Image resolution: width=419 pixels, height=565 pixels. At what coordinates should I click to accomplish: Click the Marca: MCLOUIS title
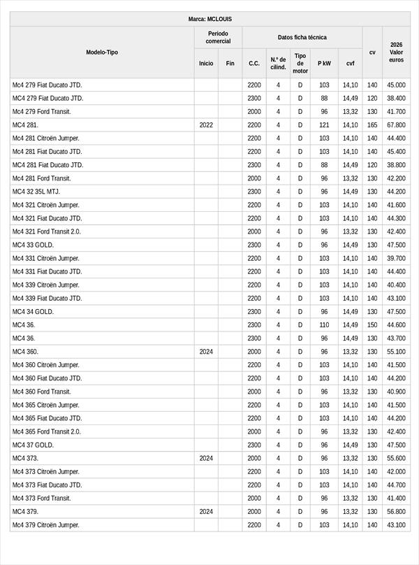209,19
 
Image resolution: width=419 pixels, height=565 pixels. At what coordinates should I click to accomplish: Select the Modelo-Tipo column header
102,52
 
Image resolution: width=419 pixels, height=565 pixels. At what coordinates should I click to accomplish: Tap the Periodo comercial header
218,38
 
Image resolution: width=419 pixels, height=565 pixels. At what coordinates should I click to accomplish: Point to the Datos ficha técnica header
302,38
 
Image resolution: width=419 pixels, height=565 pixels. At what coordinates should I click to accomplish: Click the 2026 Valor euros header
396,52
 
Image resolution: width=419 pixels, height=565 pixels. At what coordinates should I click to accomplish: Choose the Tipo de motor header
300,63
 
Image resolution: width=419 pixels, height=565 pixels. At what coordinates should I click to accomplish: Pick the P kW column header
324,64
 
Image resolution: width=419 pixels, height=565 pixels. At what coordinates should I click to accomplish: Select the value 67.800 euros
396,125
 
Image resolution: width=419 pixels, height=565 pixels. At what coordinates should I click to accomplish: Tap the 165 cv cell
372,125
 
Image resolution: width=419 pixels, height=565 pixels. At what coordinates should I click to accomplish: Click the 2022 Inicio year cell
206,125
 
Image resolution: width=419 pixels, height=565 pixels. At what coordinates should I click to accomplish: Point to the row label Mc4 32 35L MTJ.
38,192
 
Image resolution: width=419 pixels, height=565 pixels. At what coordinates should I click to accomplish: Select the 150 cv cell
372,325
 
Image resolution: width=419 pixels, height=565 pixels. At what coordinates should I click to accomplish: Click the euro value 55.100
396,352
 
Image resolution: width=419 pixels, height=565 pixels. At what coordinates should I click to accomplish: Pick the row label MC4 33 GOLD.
33,245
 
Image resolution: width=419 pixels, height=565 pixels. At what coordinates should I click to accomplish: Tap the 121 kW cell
324,125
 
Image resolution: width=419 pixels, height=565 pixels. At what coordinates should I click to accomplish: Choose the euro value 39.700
396,259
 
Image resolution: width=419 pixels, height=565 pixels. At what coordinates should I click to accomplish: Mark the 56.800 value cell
396,512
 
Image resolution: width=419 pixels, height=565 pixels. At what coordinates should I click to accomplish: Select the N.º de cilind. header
278,64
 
